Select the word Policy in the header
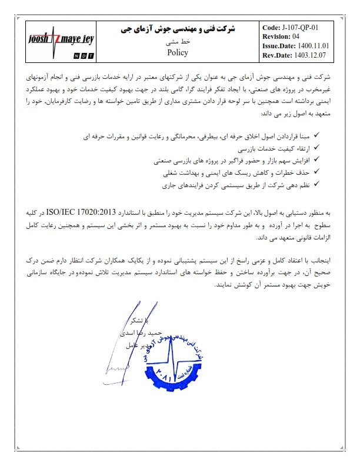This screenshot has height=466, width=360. [177, 52]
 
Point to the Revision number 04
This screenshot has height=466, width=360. [304, 36]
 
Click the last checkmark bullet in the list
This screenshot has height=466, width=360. [316, 185]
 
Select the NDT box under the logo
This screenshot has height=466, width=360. [81, 55]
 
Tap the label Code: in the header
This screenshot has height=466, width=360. [271, 27]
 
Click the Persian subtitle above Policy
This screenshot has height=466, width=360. [177, 41]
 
